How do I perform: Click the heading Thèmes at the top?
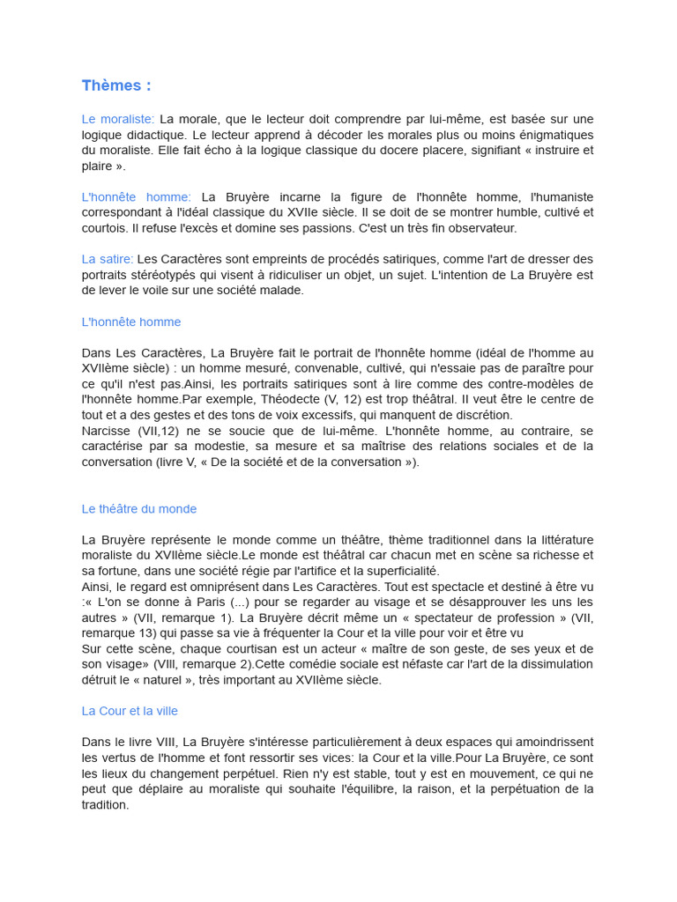[115, 85]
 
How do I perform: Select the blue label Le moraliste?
[118, 119]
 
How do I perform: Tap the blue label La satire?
[108, 259]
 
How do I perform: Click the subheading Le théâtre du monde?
[139, 509]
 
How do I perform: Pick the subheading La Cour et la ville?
[130, 711]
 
